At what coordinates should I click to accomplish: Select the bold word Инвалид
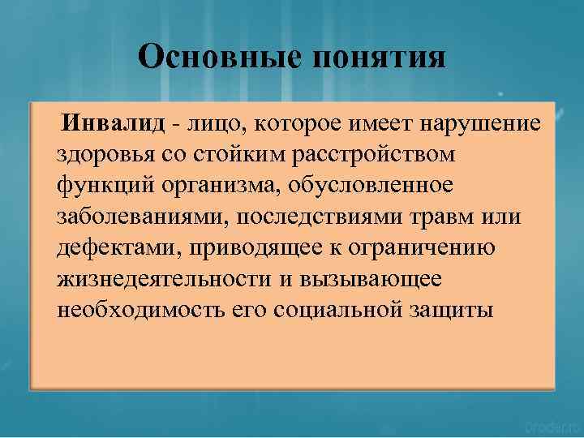coord(117,123)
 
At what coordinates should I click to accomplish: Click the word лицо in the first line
coord(213,124)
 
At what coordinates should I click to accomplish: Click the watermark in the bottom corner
coord(550,427)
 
